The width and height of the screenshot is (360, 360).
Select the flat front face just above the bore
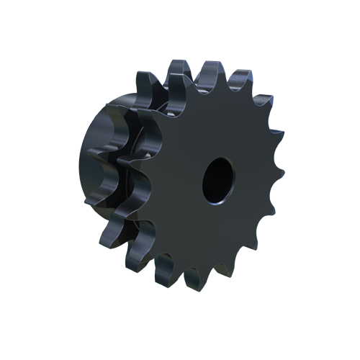216,130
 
